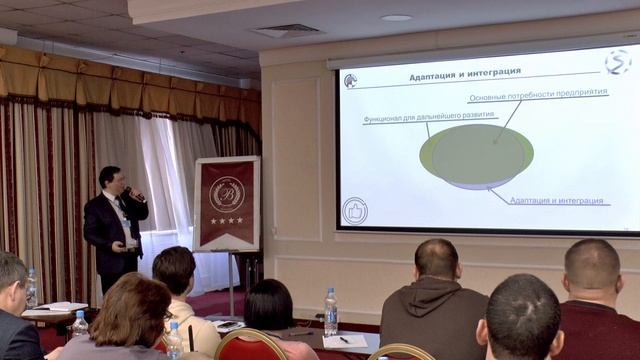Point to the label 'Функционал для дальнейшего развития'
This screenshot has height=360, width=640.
[x=416, y=119]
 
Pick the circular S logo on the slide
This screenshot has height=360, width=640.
[x=618, y=62]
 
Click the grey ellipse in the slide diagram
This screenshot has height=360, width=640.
[x=476, y=154]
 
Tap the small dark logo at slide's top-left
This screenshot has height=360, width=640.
[x=350, y=81]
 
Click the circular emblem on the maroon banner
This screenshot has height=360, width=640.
[x=227, y=193]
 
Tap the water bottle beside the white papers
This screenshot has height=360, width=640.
[x=330, y=312]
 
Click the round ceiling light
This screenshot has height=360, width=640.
[x=396, y=17]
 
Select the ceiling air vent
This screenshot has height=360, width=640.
[x=287, y=30]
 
